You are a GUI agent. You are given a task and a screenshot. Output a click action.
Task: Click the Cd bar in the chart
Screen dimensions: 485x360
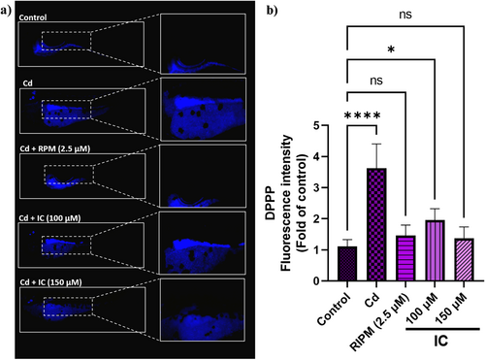[x=376, y=224]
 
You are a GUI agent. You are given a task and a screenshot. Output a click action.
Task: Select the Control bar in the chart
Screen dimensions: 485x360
[x=347, y=264]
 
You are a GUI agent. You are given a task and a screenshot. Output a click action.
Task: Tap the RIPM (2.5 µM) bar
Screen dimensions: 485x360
[x=405, y=258]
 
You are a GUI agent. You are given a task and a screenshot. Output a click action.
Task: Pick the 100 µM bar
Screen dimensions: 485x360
[x=435, y=250]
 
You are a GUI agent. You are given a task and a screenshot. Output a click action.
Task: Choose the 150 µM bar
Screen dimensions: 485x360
[x=464, y=260]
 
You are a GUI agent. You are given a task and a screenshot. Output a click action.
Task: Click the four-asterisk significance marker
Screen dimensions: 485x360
[x=362, y=115]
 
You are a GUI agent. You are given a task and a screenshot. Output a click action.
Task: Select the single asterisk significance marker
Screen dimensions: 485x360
[x=391, y=50]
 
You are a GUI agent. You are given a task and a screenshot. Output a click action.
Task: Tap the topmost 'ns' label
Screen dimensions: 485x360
[x=405, y=15]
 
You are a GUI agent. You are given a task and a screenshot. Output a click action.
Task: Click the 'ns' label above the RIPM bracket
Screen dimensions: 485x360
[x=376, y=81]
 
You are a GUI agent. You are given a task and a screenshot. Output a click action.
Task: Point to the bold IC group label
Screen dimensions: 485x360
[x=441, y=341]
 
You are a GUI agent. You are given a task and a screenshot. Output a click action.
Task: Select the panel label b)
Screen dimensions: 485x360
[x=272, y=11]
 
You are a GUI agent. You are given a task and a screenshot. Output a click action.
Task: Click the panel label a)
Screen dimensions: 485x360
[x=6, y=11]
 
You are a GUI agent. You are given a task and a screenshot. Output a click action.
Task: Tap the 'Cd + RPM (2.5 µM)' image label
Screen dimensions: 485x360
[x=55, y=148]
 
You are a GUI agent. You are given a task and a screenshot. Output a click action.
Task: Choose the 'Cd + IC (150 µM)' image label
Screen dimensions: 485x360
[x=50, y=282]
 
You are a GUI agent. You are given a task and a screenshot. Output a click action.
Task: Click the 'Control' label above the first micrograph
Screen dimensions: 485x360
[x=33, y=17]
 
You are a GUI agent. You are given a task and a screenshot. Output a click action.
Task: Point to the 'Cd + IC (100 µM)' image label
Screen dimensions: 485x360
[x=49, y=218]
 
